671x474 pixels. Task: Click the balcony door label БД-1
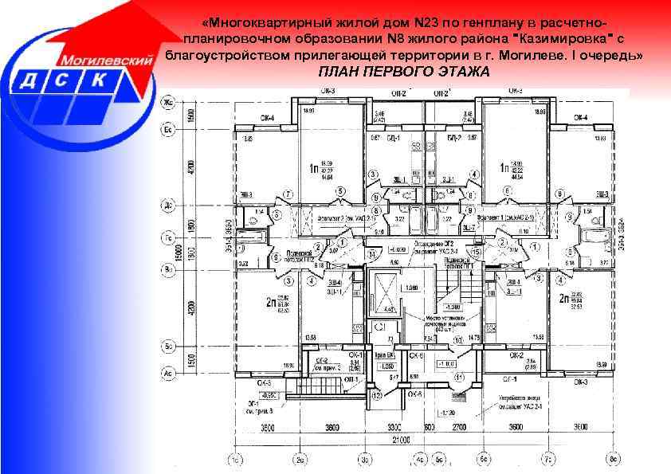coord(391,138)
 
